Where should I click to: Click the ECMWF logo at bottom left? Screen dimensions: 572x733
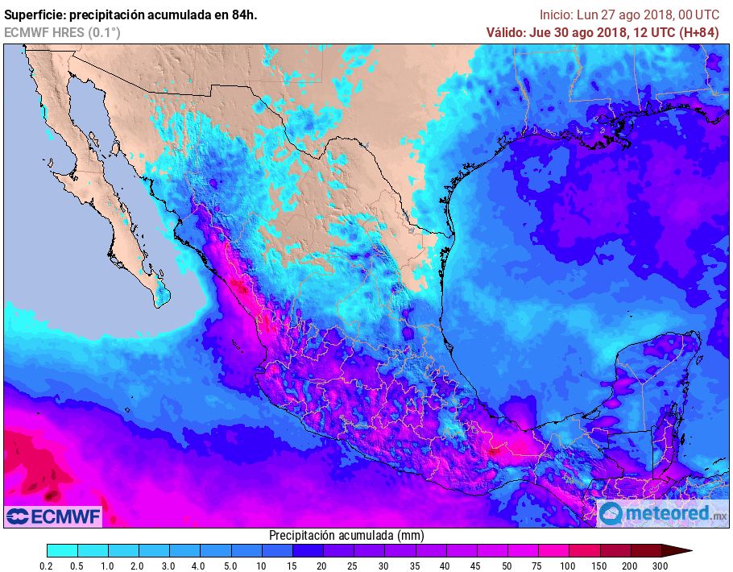[53, 516]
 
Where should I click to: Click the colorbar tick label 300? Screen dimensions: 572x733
[660, 566]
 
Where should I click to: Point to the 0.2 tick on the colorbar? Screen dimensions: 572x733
[48, 566]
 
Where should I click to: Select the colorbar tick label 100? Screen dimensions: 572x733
[568, 566]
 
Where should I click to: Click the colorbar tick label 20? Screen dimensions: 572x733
[322, 566]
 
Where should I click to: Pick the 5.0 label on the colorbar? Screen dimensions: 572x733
[231, 566]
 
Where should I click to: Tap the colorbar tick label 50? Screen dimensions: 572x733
[507, 566]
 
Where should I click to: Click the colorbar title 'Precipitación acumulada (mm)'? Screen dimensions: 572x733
[346, 536]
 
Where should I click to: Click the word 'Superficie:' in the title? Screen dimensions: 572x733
[33, 15]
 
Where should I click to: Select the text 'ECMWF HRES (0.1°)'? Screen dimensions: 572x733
[62, 32]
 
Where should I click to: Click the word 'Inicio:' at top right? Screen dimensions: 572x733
[556, 15]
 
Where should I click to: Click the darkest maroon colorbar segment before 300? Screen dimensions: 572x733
[645, 551]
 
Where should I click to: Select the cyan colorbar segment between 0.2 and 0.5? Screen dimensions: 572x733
[63, 551]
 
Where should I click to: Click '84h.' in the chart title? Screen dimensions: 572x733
[244, 15]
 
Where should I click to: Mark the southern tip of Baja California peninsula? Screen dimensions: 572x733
[160, 305]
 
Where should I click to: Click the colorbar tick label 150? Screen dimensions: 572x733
[598, 566]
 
